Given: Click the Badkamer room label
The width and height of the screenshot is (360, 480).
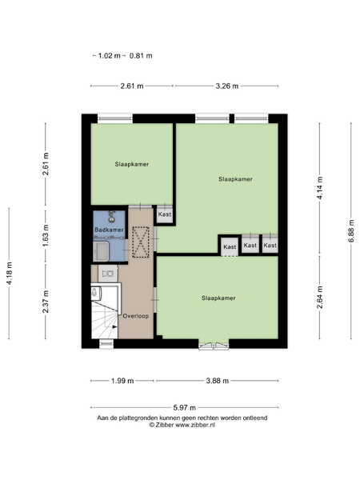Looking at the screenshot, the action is point(109,230).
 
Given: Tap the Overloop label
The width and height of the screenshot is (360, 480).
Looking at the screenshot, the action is point(136,316).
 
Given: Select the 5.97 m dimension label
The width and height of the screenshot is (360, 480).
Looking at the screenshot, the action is point(184,408).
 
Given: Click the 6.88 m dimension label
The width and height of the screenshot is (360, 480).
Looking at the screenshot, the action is point(351,231).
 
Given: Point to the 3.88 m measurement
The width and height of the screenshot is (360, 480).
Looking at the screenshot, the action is point(218,381).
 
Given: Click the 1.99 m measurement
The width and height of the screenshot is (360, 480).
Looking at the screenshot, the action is point(122,381).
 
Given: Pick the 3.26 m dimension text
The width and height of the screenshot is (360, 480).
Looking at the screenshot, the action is point(227,86).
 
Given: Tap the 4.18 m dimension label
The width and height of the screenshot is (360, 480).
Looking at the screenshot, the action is point(9,274).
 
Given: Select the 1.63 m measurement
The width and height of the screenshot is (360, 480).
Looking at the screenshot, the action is point(46,235).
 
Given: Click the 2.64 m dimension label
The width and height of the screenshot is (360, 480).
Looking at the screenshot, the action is point(319,298).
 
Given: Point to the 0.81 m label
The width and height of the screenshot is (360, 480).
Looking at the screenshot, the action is point(141,56).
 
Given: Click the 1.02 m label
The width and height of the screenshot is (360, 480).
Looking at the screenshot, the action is point(109,56).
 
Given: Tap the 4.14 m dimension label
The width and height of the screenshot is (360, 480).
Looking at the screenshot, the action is point(319,188).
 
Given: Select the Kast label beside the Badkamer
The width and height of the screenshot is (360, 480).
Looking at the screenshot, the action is point(165,214).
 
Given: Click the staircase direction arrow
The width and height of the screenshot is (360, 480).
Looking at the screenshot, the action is point(114,327).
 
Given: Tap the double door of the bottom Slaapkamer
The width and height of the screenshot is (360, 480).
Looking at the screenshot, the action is point(214,345).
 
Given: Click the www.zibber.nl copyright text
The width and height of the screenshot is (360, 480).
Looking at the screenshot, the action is point(182,425).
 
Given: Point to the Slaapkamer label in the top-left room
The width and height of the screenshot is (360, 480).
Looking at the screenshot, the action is point(132,164).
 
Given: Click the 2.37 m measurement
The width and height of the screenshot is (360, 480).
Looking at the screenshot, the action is point(46,302).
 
